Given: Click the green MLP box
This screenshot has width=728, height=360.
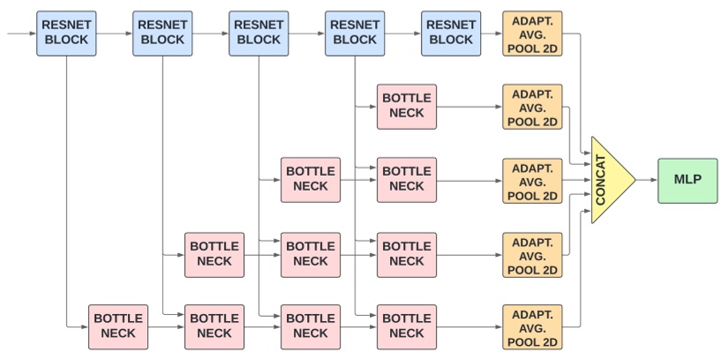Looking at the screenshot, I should point(687,180).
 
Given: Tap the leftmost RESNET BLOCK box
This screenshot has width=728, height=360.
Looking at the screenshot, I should point(66,34).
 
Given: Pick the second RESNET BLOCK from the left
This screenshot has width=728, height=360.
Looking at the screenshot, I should point(162,34).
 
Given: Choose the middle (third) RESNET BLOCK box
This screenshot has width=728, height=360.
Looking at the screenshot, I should point(259,34).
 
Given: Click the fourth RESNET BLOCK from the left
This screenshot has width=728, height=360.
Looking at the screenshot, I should point(355,34).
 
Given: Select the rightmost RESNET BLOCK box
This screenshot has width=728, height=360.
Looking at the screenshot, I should point(451,34).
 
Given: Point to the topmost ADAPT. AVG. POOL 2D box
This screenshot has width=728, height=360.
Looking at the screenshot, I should point(532,34).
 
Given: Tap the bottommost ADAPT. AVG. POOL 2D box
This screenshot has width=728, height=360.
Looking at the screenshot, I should point(532,326).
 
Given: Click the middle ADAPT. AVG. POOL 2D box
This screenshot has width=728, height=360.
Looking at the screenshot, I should point(532,180).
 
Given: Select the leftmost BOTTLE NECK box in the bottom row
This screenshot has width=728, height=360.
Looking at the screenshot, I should point(118,326).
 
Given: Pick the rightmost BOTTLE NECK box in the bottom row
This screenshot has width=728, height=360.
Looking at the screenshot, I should point(407,326).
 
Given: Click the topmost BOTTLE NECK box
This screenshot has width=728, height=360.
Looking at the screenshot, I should point(407,107).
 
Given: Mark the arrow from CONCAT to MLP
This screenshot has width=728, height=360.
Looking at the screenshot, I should point(646,180).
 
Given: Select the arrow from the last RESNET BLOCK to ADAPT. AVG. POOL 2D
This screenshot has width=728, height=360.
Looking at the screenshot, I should point(492,34).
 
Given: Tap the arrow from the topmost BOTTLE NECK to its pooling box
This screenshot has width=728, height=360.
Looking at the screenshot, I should point(469,107).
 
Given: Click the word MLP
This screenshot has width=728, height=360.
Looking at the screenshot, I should point(687,180).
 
